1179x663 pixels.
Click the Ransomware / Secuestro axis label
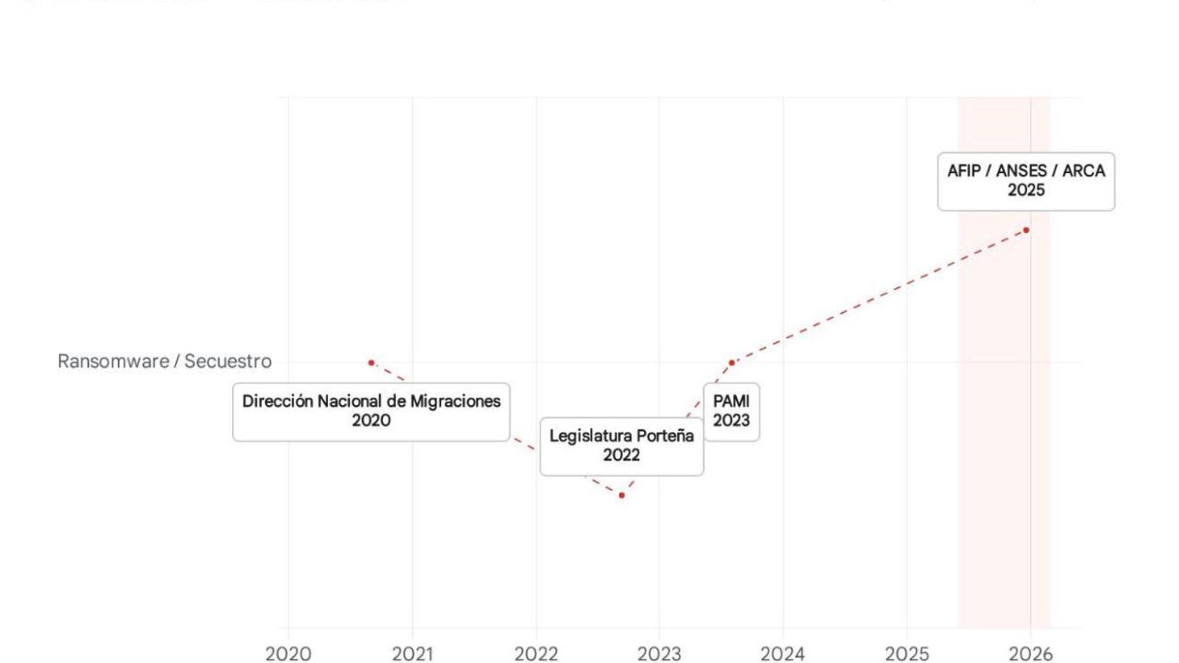165,361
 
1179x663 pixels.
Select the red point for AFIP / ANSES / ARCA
1026,229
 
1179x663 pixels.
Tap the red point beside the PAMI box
731,362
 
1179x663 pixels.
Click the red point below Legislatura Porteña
622,495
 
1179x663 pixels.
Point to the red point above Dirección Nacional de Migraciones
371,362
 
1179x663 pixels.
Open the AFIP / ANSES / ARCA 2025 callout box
1026,181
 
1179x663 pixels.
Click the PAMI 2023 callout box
731,412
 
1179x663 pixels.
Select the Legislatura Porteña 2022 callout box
622,446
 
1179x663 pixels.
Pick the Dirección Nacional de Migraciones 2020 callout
371,412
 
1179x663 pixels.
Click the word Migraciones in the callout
461,401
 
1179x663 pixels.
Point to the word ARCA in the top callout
1085,171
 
